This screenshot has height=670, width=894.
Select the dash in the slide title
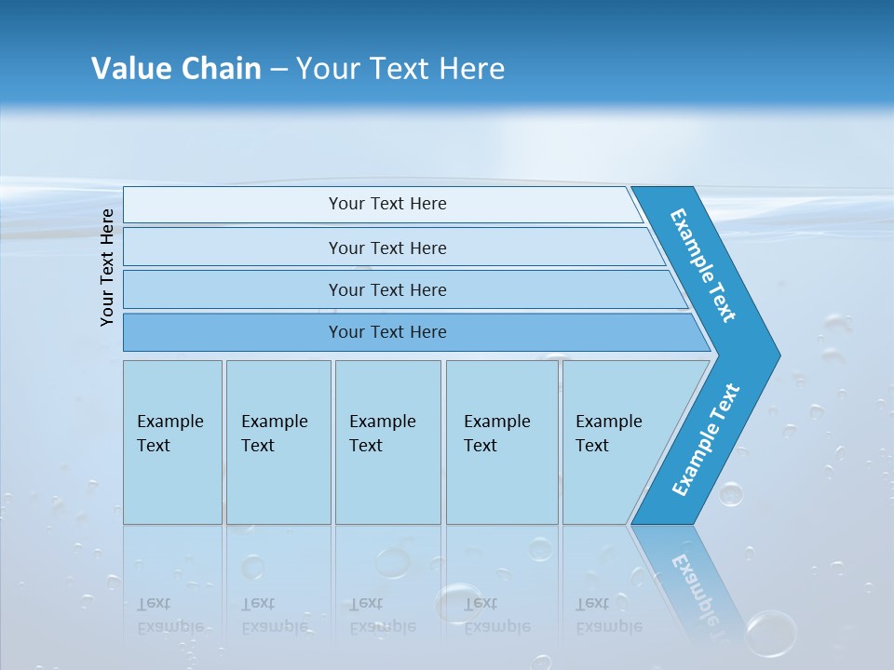pyautogui.click(x=278, y=69)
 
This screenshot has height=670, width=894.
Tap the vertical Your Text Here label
pyautogui.click(x=107, y=267)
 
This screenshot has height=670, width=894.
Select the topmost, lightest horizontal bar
pyautogui.click(x=382, y=204)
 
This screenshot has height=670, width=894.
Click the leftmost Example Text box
pyautogui.click(x=172, y=442)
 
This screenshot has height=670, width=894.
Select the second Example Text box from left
pyautogui.click(x=278, y=442)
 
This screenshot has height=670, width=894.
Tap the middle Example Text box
pyautogui.click(x=387, y=442)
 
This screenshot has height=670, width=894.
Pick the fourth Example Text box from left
pyautogui.click(x=502, y=442)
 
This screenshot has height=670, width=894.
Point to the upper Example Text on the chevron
pyautogui.click(x=703, y=265)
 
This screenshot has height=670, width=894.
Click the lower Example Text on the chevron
pyautogui.click(x=706, y=439)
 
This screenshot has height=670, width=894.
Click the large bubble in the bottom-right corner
pyautogui.click(x=771, y=632)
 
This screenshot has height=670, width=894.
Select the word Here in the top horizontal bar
pyautogui.click(x=427, y=204)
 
